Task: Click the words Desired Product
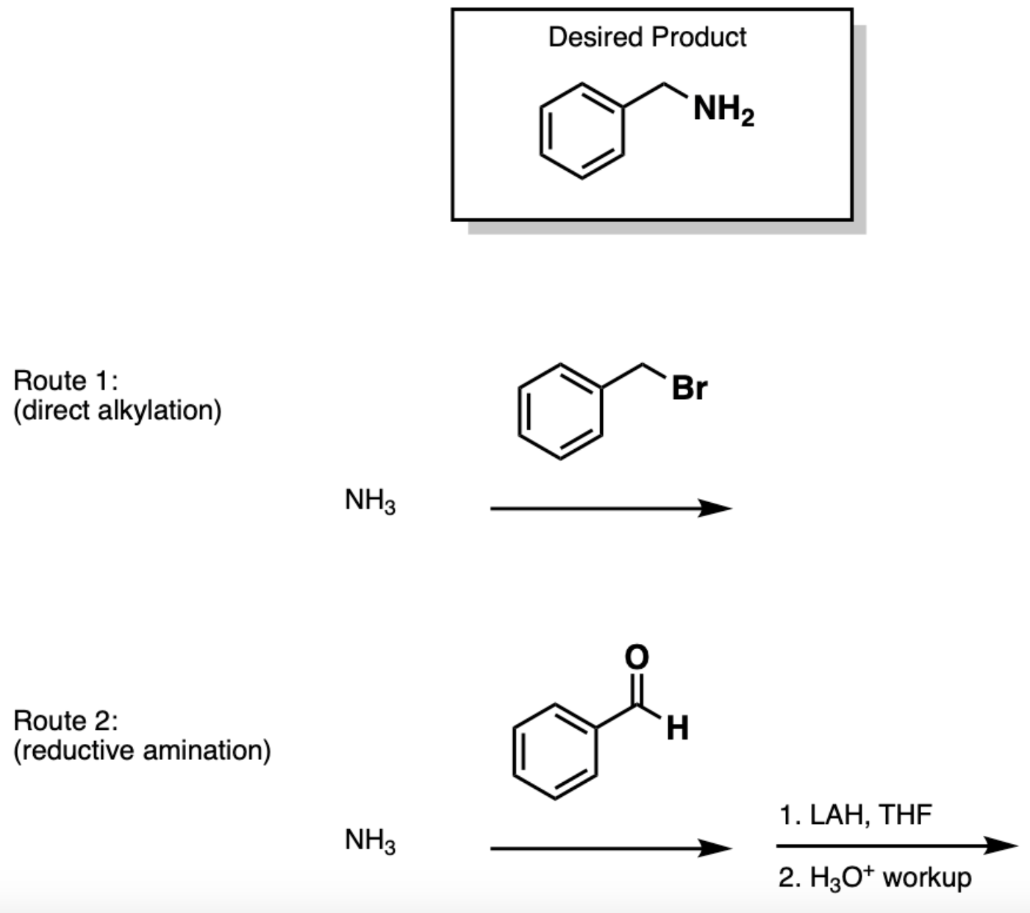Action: (647, 37)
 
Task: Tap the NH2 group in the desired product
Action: (723, 111)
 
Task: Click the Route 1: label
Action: (65, 381)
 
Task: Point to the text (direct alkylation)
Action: (118, 410)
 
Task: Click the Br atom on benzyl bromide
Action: (689, 388)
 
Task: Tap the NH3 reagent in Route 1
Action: (370, 502)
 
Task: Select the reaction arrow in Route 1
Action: (610, 508)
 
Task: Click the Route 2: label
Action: (65, 721)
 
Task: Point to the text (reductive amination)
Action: (142, 751)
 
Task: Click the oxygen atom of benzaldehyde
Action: (637, 656)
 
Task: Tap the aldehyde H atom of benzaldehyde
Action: (677, 728)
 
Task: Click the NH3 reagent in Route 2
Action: (370, 840)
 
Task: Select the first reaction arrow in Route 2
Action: (610, 848)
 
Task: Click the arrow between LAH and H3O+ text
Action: (897, 846)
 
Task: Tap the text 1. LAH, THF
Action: (856, 815)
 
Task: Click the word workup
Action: (927, 878)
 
